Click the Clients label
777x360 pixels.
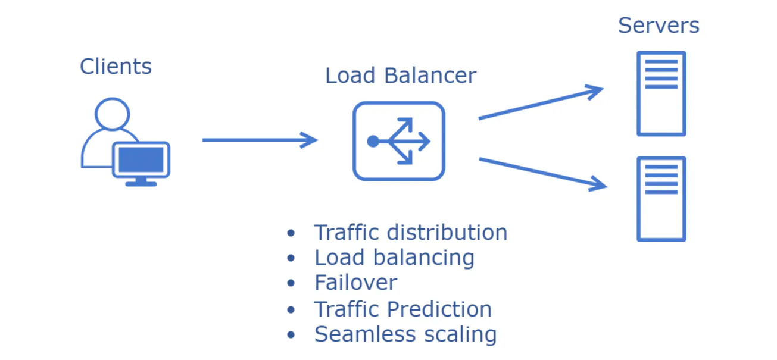(x=116, y=66)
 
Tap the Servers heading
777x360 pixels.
(x=659, y=26)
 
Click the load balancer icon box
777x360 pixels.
(x=399, y=141)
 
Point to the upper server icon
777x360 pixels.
(x=661, y=93)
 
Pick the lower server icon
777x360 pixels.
(x=661, y=199)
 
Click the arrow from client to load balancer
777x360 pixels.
(x=260, y=140)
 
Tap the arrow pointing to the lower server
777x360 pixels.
(x=542, y=174)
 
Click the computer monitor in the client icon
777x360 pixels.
(x=141, y=160)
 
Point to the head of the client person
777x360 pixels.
(x=112, y=113)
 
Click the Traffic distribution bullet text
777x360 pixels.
(x=410, y=232)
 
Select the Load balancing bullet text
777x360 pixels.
(x=394, y=258)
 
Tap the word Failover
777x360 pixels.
(x=355, y=283)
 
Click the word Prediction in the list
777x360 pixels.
(x=439, y=309)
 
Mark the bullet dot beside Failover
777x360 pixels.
(x=291, y=284)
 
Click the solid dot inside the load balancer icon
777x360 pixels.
(x=373, y=141)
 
